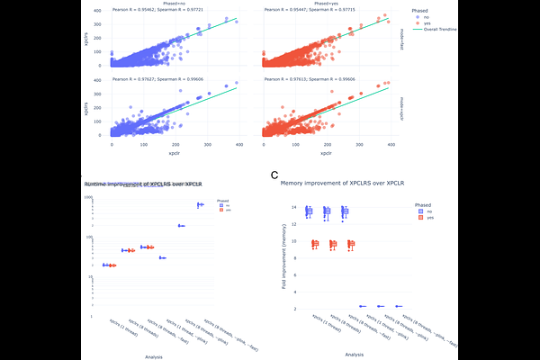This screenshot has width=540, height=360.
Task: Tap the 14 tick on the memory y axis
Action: point(293,208)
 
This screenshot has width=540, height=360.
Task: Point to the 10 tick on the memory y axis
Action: point(293,241)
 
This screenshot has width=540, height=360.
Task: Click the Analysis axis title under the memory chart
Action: point(347,354)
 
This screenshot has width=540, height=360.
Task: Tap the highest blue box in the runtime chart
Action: point(200,204)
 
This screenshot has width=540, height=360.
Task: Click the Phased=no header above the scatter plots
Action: point(163,4)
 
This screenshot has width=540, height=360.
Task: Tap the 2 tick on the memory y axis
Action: point(294,308)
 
